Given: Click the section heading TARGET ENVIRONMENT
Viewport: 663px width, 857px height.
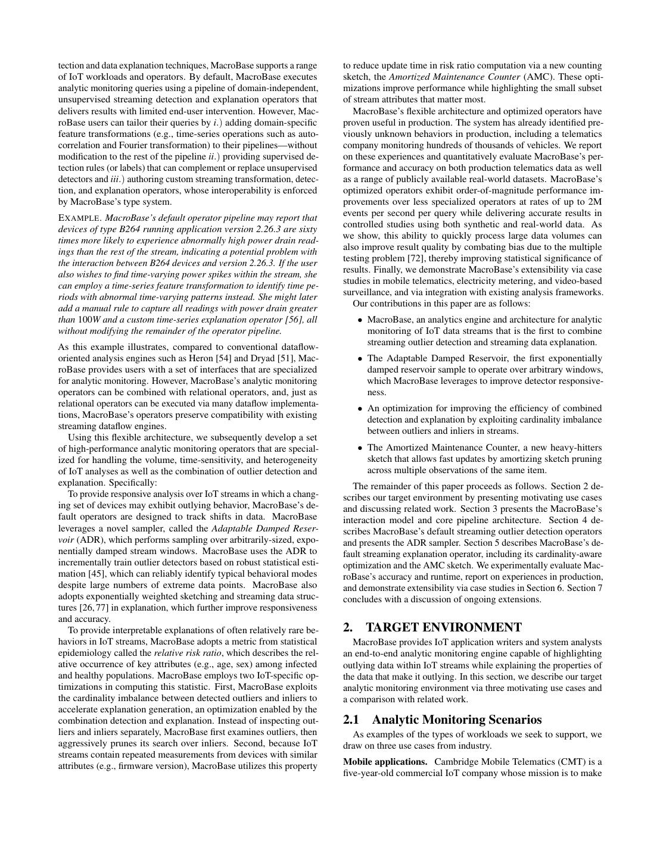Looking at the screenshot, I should (443, 627).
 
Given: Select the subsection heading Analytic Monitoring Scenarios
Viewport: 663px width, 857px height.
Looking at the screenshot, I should (457, 720).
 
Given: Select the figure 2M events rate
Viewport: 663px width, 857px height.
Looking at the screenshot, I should (594, 202).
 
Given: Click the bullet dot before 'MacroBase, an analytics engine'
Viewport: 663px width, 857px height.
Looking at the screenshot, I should (360, 320).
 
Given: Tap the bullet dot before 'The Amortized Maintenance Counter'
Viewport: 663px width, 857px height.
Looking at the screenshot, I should (360, 448).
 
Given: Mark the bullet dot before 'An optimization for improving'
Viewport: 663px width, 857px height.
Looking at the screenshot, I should (360, 408).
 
